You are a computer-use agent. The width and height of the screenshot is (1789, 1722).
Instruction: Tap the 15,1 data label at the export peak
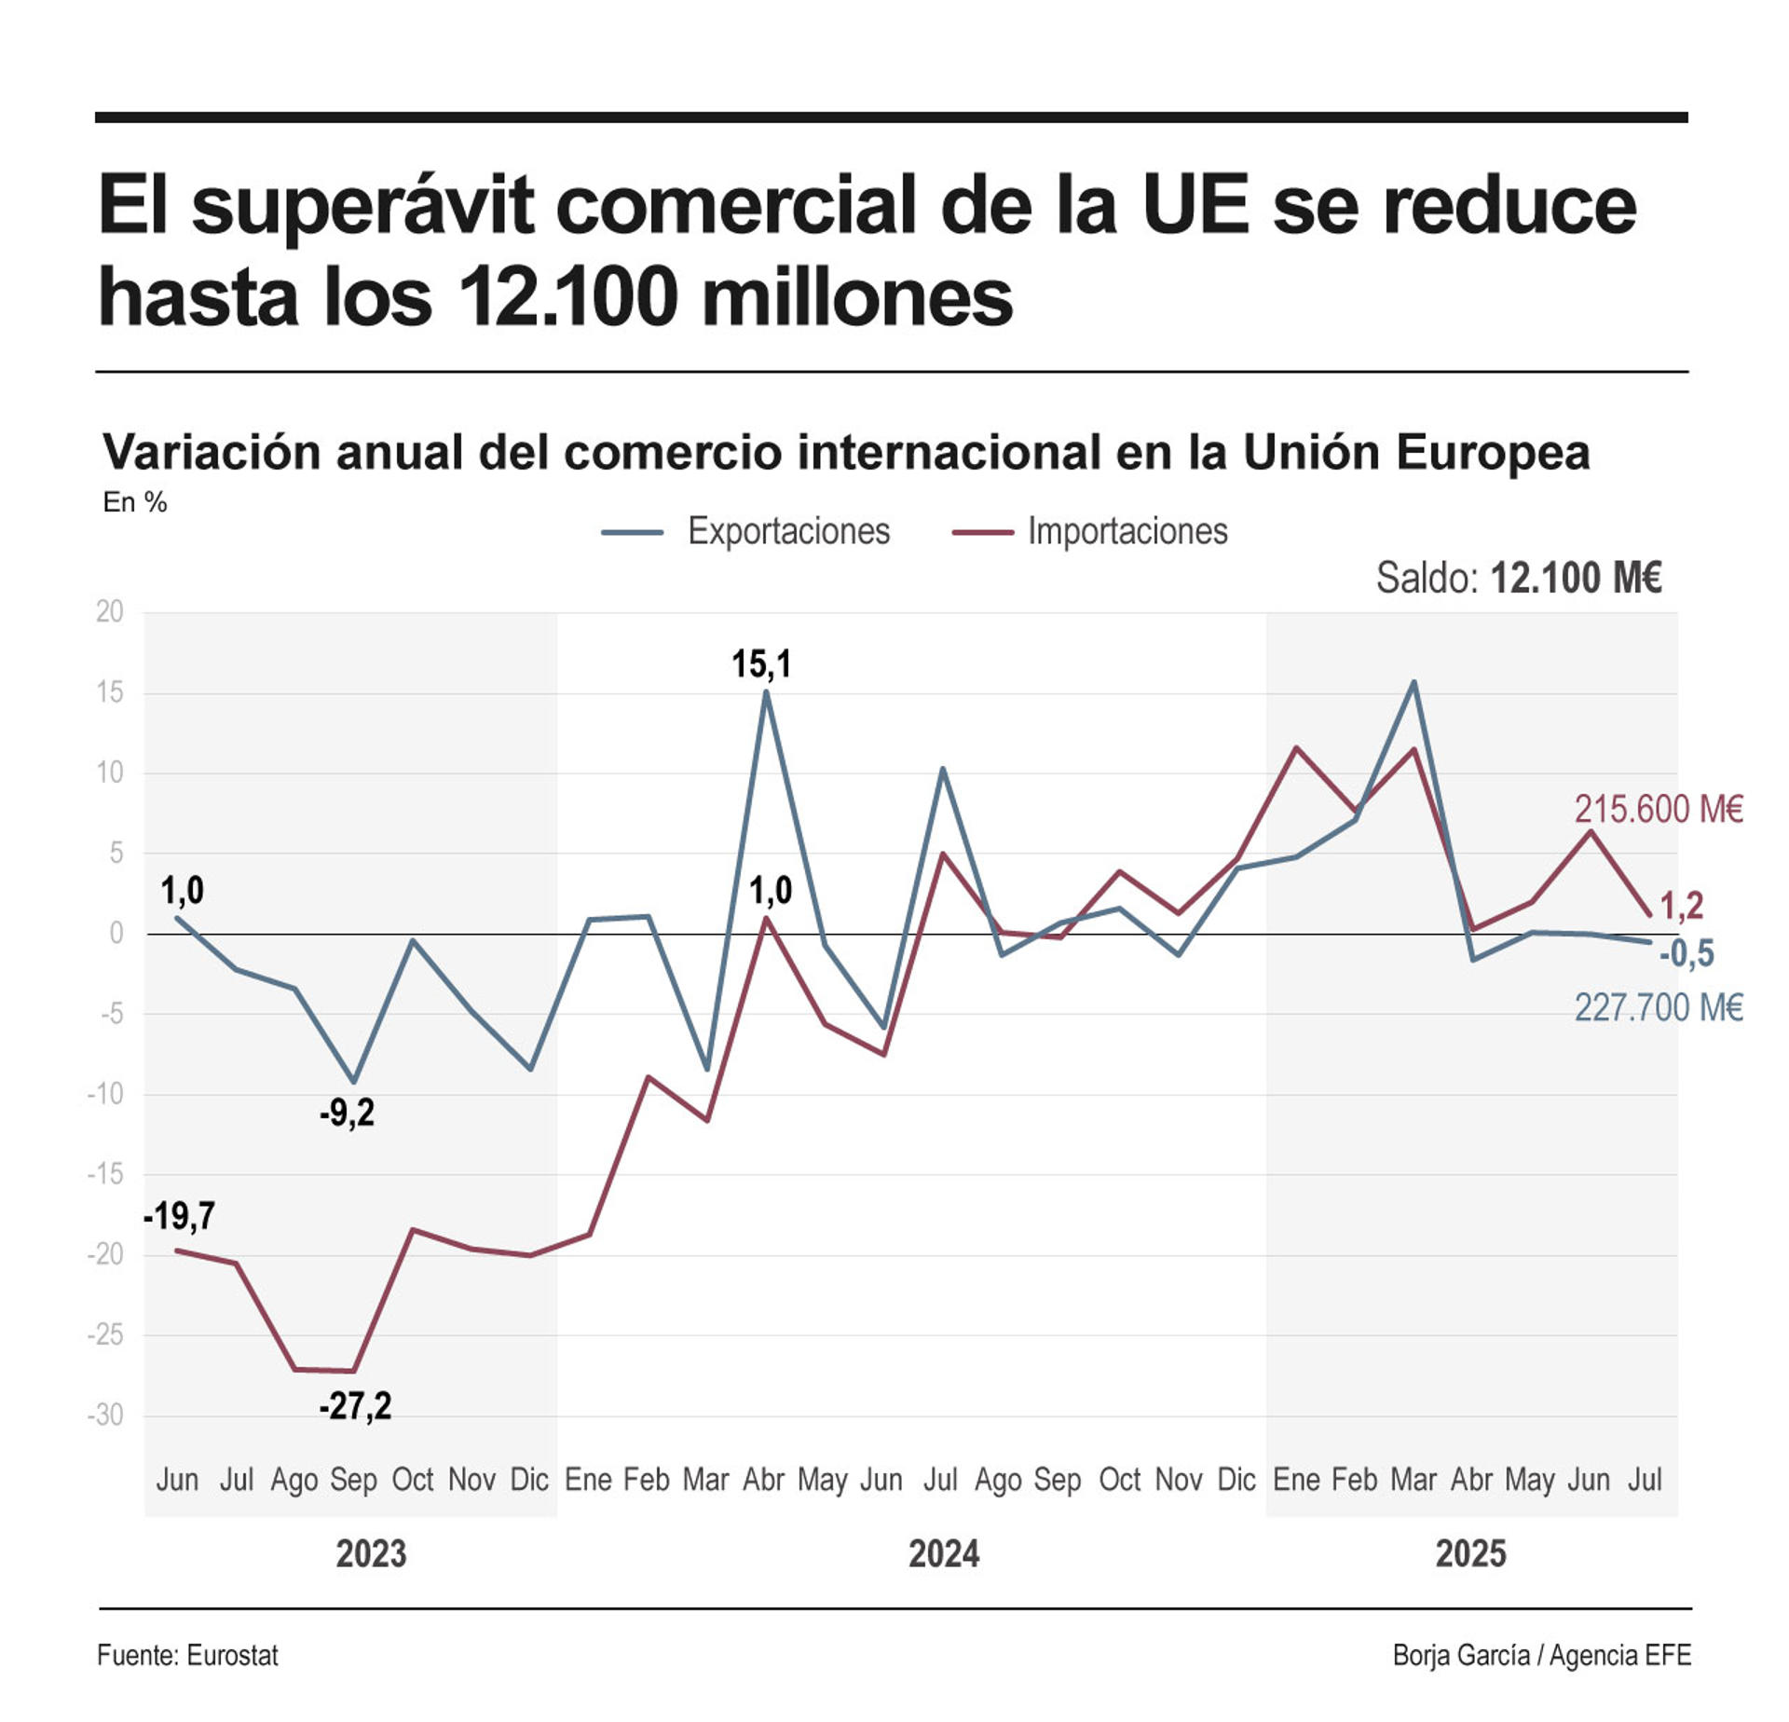pyautogui.click(x=761, y=664)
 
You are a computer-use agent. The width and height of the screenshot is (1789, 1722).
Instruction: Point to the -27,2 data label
pyautogui.click(x=355, y=1405)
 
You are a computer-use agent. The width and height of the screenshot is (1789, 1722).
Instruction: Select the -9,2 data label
pyautogui.click(x=347, y=1113)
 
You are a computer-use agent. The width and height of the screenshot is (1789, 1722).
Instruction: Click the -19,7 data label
pyautogui.click(x=179, y=1216)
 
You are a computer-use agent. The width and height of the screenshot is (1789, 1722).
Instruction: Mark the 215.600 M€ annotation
pyautogui.click(x=1658, y=809)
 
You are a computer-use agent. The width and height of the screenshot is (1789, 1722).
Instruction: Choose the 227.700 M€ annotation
pyautogui.click(x=1658, y=1008)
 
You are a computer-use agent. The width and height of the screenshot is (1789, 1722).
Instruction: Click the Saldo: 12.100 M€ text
pyautogui.click(x=1519, y=578)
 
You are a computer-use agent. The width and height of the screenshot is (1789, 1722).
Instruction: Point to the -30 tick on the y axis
pyautogui.click(x=105, y=1415)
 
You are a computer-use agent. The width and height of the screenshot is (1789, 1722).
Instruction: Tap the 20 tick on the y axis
pyautogui.click(x=109, y=612)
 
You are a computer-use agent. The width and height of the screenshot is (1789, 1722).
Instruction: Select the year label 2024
pyautogui.click(x=943, y=1554)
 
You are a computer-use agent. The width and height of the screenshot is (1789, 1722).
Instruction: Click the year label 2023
pyautogui.click(x=371, y=1554)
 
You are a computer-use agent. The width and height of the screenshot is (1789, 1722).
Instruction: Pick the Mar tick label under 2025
pyautogui.click(x=1413, y=1480)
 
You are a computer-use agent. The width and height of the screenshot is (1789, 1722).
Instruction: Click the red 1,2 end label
pyautogui.click(x=1682, y=905)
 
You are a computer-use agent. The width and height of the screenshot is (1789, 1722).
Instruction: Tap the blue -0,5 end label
pyautogui.click(x=1687, y=954)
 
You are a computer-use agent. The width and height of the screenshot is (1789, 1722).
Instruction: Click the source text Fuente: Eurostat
pyautogui.click(x=187, y=1656)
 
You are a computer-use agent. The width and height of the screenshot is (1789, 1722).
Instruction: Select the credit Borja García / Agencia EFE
pyautogui.click(x=1541, y=1656)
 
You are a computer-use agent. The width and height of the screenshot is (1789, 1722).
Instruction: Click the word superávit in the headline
pyautogui.click(x=362, y=207)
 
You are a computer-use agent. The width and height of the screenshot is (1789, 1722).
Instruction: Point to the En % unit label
pyautogui.click(x=135, y=503)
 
